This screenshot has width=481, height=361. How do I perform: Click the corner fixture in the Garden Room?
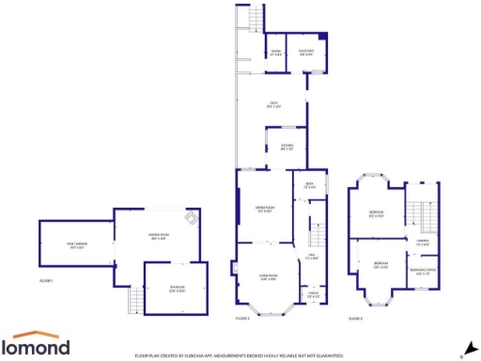click(192, 218)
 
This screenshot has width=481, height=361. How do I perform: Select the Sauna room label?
click(276, 52)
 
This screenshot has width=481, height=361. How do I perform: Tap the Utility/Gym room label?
click(306, 52)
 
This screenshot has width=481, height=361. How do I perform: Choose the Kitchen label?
click(287, 146)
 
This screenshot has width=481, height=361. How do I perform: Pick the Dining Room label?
click(265, 209)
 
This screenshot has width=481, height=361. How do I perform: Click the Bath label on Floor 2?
click(310, 185)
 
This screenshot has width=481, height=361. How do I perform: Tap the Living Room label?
click(267, 277)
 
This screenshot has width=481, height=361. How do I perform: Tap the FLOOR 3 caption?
click(355, 319)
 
